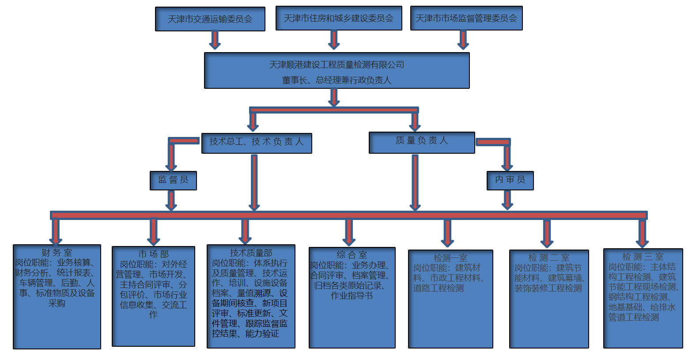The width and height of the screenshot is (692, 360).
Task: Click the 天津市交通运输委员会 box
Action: click(x=210, y=19)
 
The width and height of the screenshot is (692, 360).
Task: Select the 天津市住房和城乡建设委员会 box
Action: click(x=339, y=18)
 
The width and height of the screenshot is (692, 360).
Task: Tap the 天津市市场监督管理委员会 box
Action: click(x=466, y=18)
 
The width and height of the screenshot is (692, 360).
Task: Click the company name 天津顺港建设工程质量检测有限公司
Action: click(x=337, y=64)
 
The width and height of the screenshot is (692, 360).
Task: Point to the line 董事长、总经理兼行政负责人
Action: click(x=337, y=80)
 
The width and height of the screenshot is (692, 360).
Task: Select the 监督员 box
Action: click(x=173, y=180)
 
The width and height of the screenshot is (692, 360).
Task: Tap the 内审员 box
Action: click(x=510, y=180)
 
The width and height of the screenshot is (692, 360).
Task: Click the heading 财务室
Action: click(x=57, y=253)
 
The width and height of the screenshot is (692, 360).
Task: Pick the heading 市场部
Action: click(x=153, y=254)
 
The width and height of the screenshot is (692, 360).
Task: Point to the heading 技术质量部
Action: click(x=251, y=253)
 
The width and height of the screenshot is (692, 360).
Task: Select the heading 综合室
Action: click(x=352, y=255)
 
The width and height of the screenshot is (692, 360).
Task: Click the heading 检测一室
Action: click(x=450, y=258)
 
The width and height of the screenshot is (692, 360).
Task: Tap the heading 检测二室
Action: click(x=548, y=258)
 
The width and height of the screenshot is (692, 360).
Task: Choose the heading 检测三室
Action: click(x=643, y=257)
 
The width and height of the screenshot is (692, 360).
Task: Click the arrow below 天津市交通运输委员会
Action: click(x=215, y=40)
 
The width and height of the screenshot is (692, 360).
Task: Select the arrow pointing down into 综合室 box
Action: click(x=349, y=232)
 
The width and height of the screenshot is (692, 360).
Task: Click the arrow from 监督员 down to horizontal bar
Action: click(x=171, y=200)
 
